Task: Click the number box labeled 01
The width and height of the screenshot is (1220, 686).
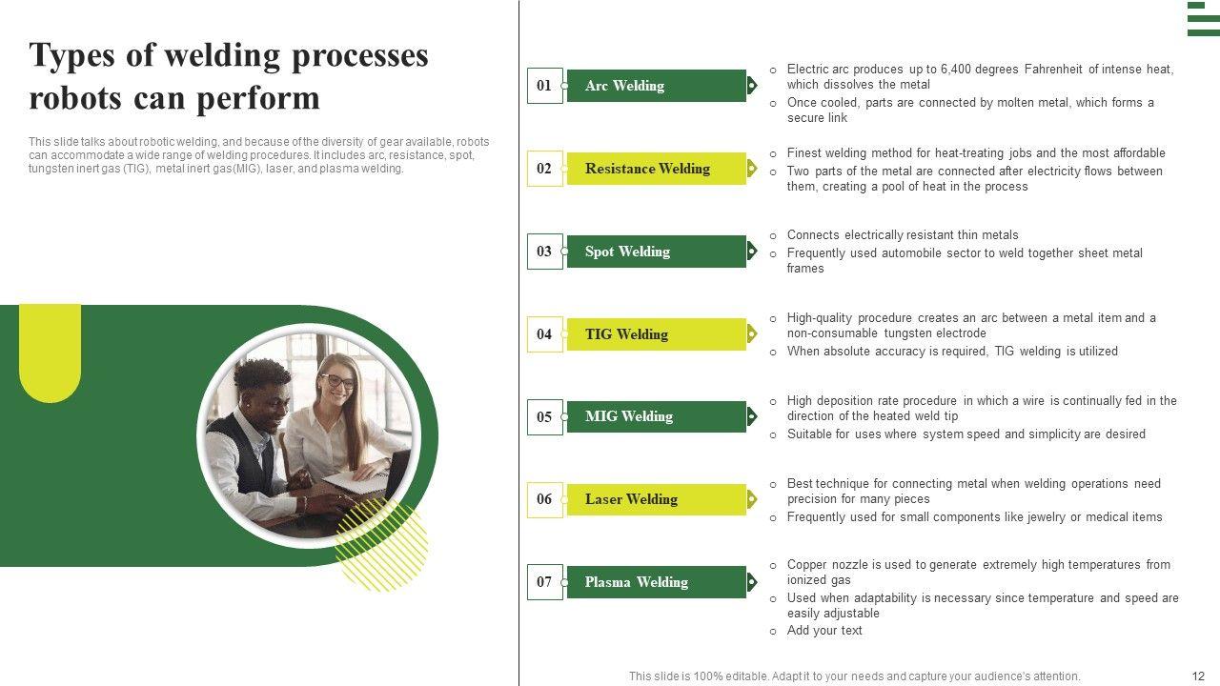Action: tap(544, 86)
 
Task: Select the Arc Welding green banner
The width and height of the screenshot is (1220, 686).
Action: tap(657, 86)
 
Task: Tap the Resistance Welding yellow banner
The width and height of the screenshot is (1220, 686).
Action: tap(657, 169)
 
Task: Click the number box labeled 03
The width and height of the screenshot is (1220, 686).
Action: tap(544, 252)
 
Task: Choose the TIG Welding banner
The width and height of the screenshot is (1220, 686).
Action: tap(657, 334)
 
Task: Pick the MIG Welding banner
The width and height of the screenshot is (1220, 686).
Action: tap(657, 416)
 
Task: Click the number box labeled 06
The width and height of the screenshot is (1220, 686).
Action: tap(544, 499)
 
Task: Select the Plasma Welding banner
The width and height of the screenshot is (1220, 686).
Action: tap(657, 582)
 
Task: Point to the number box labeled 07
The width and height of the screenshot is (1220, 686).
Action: tap(544, 582)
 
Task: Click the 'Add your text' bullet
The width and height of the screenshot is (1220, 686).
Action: tap(824, 631)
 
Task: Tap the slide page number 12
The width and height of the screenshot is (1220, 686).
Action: tap(1198, 676)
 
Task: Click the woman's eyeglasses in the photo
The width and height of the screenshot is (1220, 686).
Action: tap(338, 380)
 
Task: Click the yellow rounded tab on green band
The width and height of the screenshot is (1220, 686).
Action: tap(51, 353)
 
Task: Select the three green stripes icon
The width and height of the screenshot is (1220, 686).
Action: tap(1203, 18)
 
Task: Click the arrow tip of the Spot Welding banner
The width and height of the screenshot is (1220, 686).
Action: tap(757, 252)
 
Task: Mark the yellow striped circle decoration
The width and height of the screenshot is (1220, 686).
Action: tap(382, 547)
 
